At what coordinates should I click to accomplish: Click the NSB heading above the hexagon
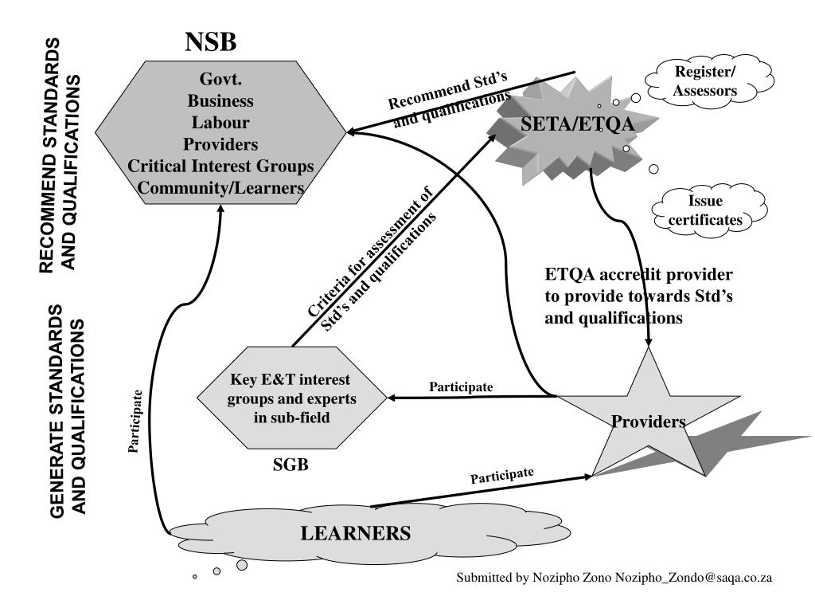[211, 41]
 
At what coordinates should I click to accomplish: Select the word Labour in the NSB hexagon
[220, 123]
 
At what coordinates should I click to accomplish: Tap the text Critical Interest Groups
[220, 166]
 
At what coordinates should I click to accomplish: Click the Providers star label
[649, 422]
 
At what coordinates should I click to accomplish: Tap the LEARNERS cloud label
[356, 533]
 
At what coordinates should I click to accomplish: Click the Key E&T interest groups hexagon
[293, 398]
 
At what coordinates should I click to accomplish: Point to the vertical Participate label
[136, 422]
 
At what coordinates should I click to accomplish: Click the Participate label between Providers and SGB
[462, 387]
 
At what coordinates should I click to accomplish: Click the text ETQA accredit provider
[638, 275]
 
